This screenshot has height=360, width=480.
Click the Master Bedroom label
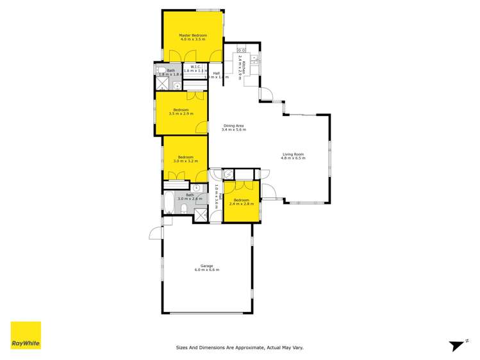point(193,37)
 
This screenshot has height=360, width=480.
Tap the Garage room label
point(207,268)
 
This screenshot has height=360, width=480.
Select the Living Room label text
point(294,156)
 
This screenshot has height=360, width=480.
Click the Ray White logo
point(26,335)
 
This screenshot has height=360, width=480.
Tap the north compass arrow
point(457,345)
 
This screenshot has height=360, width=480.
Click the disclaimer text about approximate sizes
point(240,348)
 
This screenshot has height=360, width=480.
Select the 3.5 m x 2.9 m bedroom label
point(181,112)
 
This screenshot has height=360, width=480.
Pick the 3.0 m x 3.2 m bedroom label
point(186,159)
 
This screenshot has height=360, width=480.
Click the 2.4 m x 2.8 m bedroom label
point(242,202)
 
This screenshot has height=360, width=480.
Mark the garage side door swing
point(154,232)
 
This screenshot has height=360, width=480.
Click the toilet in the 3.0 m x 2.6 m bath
point(184,209)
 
